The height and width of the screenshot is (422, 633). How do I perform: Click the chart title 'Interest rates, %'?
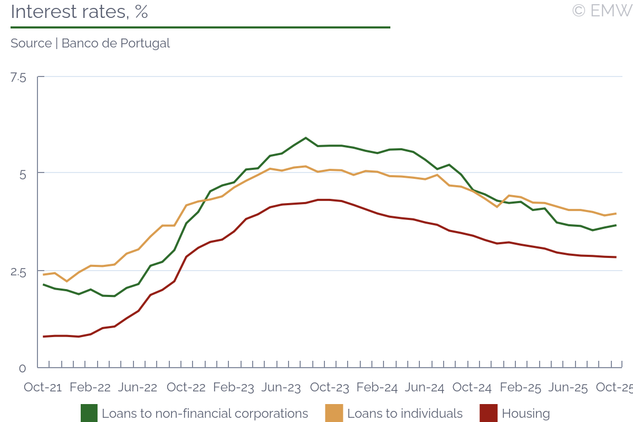tap(79, 12)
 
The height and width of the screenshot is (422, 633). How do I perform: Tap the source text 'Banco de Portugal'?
tap(116, 43)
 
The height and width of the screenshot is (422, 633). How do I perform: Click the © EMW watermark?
tap(601, 11)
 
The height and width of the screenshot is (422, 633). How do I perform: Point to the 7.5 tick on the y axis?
tap(18, 78)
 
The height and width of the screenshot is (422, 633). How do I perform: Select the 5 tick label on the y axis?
tap(22, 174)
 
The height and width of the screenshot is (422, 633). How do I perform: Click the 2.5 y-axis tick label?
tap(18, 272)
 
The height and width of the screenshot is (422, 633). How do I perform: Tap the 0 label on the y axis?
tap(22, 368)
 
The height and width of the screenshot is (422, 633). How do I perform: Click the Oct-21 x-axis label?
tap(43, 387)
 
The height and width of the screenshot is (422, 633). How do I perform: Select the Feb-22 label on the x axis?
tap(90, 387)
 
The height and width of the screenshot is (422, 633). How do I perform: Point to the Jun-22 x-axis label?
tap(137, 387)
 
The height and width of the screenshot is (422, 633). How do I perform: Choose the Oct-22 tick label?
tap(186, 387)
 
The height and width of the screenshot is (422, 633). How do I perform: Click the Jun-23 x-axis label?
tap(281, 387)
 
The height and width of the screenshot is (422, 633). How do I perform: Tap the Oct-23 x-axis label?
tap(330, 387)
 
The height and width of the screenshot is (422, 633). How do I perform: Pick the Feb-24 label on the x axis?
tap(377, 387)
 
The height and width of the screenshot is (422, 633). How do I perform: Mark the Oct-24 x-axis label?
tap(473, 387)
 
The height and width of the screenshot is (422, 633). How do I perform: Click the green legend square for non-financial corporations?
tap(89, 413)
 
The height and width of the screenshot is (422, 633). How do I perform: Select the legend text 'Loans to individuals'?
tap(405, 414)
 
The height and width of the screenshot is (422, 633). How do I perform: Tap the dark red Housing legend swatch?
tap(488, 413)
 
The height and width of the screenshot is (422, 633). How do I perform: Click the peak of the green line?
tap(306, 138)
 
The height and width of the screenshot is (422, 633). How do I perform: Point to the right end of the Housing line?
tap(616, 257)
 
